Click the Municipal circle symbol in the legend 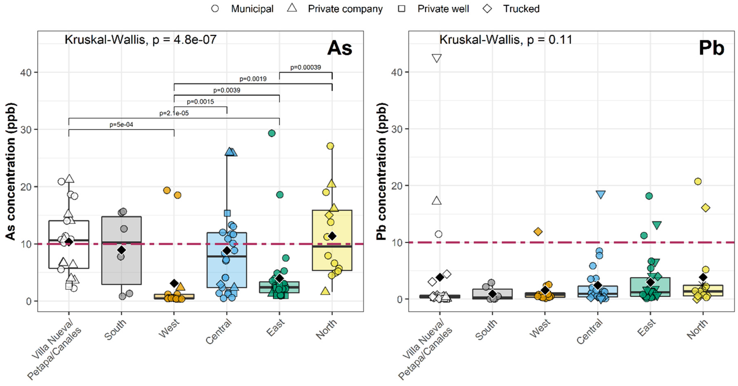click(x=215, y=9)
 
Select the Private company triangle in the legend click(x=292, y=8)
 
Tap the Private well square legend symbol click(x=402, y=9)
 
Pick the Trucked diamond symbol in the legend click(x=487, y=9)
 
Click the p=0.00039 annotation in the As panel click(x=305, y=67)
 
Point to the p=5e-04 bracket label click(x=121, y=125)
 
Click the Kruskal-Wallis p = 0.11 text click(x=506, y=40)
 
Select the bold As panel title click(x=339, y=48)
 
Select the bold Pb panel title click(x=711, y=48)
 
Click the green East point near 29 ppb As click(x=272, y=133)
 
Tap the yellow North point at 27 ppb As click(x=330, y=146)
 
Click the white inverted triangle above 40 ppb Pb click(x=436, y=58)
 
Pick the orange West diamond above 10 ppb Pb click(x=538, y=232)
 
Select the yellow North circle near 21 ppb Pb click(x=698, y=181)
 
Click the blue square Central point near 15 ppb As click(x=227, y=213)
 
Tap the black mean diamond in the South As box click(x=121, y=250)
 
